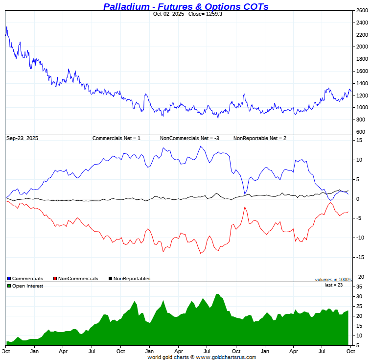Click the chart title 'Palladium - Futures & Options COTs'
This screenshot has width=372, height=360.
coord(186,6)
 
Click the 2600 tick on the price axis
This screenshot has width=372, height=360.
coord(362,10)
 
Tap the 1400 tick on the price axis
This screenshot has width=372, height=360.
coord(362,83)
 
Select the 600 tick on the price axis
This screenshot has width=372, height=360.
coord(360,132)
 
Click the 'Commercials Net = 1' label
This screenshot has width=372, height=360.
coord(116,139)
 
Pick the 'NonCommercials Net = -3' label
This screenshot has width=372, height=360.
coord(189,139)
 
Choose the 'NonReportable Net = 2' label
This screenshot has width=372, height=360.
coord(259,139)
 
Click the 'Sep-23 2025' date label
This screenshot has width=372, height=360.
coord(22,139)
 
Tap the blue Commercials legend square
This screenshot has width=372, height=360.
coord(9,279)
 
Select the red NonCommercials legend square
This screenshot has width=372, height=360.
coord(55,279)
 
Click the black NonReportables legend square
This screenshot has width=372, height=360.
coord(110,279)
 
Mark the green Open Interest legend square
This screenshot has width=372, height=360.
coord(9,286)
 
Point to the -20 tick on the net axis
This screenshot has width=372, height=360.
coord(360,277)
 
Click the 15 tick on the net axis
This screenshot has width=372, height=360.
coord(359,141)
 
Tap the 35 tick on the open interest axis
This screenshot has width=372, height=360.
coord(359,287)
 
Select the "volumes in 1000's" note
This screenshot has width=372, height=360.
coord(333,279)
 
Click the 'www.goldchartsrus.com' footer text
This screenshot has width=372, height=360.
coord(226,357)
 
